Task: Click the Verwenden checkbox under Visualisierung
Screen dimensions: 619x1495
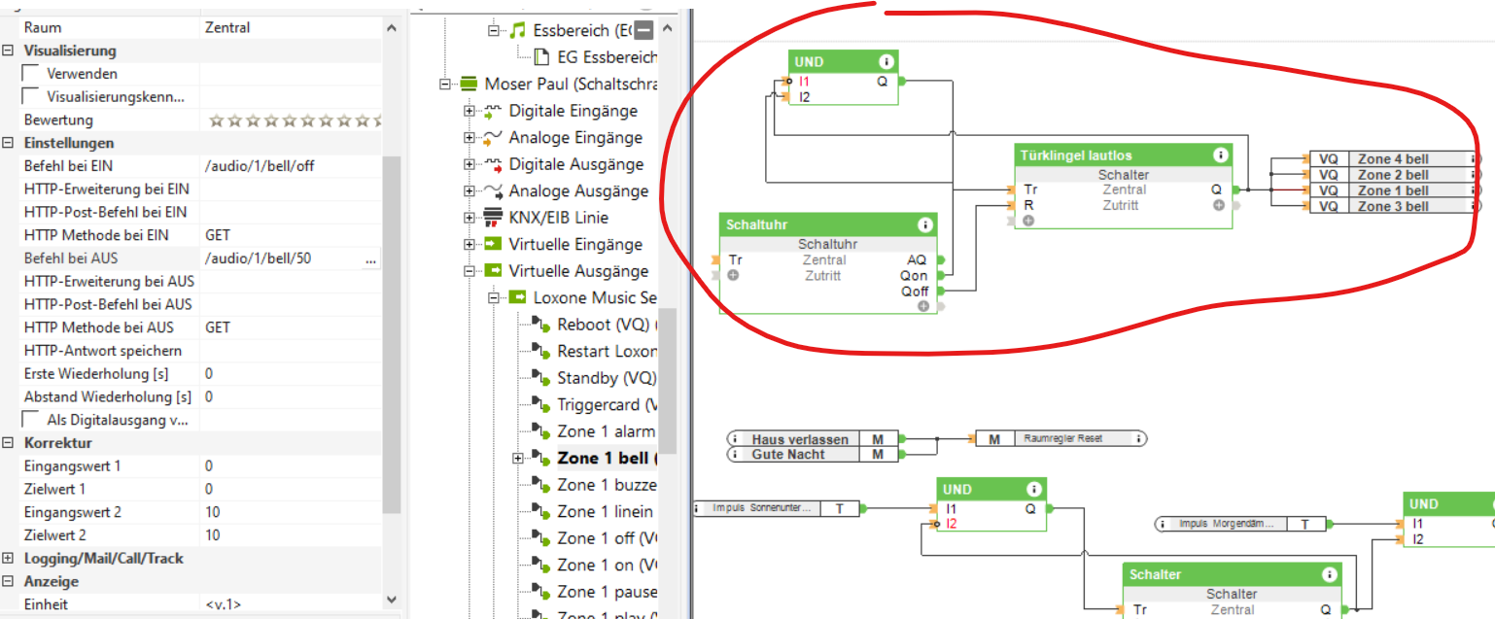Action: point(30,74)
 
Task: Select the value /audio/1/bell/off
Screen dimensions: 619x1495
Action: point(260,166)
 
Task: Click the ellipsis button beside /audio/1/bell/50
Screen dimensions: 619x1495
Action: point(370,259)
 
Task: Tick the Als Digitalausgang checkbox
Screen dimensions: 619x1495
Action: point(30,420)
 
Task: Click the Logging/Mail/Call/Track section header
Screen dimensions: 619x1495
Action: point(103,559)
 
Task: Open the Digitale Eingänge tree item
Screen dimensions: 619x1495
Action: point(573,111)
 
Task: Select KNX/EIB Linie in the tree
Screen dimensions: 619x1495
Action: point(559,218)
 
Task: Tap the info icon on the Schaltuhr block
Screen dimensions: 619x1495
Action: point(924,224)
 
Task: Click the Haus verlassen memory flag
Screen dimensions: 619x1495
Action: point(799,439)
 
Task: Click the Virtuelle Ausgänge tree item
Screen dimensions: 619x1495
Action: point(577,271)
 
